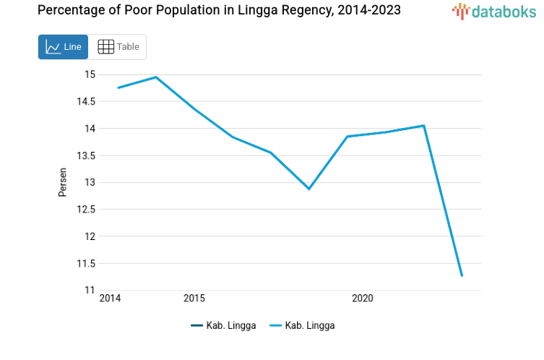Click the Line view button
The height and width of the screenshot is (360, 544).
(x=64, y=47)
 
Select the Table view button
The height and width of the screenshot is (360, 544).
(x=118, y=47)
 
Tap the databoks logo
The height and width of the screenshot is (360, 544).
(x=493, y=11)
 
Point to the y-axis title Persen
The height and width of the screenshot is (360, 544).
(x=63, y=182)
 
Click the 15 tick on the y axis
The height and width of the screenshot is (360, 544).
(x=90, y=74)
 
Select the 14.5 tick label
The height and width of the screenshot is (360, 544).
(x=85, y=101)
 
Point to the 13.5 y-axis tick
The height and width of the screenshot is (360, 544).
(x=85, y=155)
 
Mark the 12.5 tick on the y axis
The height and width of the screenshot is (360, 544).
(x=85, y=210)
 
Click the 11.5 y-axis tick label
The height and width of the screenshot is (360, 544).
(x=85, y=263)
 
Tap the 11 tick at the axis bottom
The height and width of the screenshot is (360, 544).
(x=90, y=290)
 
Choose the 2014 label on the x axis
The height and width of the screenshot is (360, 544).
(x=110, y=299)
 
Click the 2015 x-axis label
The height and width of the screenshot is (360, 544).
(x=194, y=299)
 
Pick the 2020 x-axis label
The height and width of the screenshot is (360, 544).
(x=362, y=299)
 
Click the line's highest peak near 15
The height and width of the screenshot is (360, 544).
(x=156, y=77)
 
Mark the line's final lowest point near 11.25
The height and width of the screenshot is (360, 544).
(x=462, y=275)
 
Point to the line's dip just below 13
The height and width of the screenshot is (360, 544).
(x=309, y=189)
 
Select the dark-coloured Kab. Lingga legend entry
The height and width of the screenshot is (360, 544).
(x=223, y=325)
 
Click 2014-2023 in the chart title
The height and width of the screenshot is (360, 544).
(x=364, y=11)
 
